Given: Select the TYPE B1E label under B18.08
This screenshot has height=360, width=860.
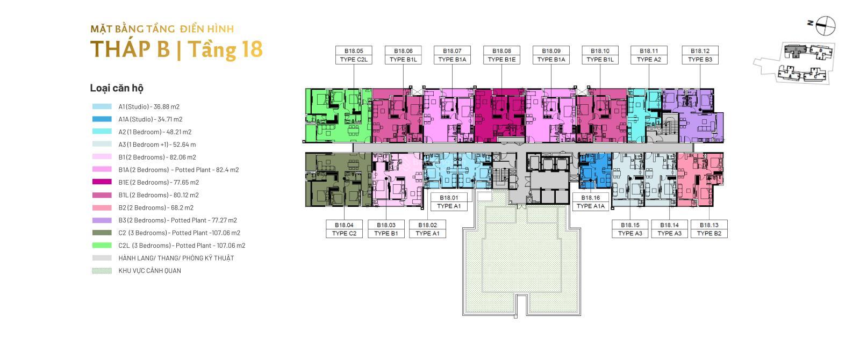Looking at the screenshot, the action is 501,60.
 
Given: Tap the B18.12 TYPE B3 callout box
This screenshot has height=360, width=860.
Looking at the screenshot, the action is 700,55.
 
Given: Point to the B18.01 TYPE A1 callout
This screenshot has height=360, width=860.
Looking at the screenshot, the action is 449,202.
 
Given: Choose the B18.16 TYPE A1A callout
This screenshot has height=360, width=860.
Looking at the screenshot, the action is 591,202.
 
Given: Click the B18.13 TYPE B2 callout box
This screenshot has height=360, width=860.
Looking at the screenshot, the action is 709,229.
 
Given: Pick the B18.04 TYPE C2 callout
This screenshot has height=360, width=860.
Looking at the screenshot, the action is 344,229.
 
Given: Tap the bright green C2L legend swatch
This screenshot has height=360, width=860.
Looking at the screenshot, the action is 102,245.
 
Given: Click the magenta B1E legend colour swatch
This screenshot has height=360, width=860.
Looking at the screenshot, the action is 102,182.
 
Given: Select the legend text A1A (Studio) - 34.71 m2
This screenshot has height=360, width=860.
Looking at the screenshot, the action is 150,119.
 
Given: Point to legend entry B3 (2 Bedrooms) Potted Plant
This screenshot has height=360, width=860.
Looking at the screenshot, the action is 178,220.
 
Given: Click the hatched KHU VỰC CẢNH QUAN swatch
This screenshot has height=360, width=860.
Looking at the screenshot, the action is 102,271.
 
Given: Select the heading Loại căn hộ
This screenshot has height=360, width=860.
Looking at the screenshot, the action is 117,88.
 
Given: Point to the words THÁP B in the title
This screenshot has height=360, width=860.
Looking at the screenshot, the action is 130,49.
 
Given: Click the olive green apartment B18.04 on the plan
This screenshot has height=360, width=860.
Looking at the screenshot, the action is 339,179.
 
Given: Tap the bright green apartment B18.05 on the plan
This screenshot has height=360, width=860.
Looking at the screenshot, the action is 339,115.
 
